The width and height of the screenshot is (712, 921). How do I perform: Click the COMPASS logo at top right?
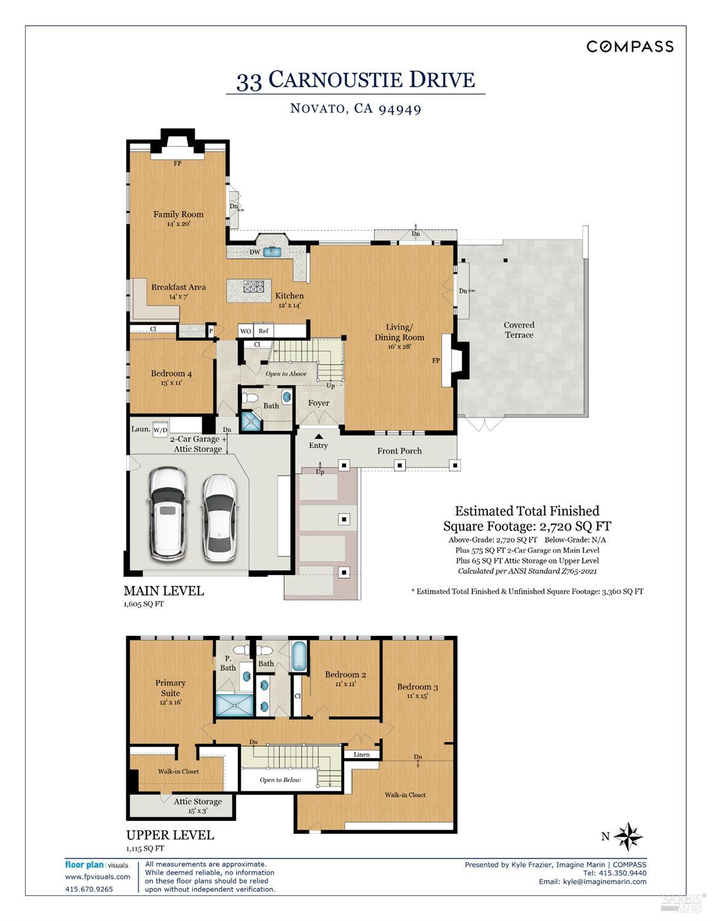click(630, 47)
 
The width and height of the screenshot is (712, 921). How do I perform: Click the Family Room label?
click(178, 214)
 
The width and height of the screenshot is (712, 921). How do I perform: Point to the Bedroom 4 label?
click(171, 374)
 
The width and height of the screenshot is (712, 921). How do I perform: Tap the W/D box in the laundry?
click(160, 430)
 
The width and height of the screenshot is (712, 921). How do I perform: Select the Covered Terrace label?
click(519, 330)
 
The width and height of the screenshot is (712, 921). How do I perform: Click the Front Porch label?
click(399, 451)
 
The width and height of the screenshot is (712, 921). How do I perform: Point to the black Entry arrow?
click(318, 436)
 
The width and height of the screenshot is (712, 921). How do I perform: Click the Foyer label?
click(318, 403)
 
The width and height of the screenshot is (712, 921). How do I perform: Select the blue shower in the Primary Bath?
click(234, 705)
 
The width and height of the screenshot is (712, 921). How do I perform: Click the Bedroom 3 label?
click(417, 687)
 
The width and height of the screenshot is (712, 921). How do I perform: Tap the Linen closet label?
click(362, 754)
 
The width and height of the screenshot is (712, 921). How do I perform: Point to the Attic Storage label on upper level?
click(197, 801)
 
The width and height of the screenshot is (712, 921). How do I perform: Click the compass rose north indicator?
click(627, 836)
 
